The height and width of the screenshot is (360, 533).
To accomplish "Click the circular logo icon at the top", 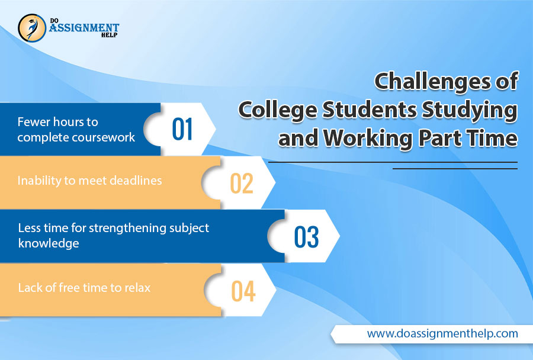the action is pyautogui.click(x=32, y=28).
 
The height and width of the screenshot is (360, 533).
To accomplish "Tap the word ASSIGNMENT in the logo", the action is pyautogui.click(x=84, y=27).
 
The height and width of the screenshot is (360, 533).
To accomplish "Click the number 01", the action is pyautogui.click(x=182, y=129).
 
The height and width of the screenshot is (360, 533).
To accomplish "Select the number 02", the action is pyautogui.click(x=242, y=183).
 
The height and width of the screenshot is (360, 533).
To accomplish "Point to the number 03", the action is pyautogui.click(x=306, y=237).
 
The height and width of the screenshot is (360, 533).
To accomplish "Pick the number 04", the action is pyautogui.click(x=243, y=291).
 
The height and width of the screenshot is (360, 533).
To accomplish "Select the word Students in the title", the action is pyautogui.click(x=370, y=110).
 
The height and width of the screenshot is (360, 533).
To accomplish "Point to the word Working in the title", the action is pyautogui.click(x=368, y=139).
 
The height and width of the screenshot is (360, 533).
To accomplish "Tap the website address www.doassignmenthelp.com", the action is pyautogui.click(x=442, y=333).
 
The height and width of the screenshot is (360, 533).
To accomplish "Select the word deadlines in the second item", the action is pyautogui.click(x=136, y=180).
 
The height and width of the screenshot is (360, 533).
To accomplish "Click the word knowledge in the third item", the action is pyautogui.click(x=49, y=243).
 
